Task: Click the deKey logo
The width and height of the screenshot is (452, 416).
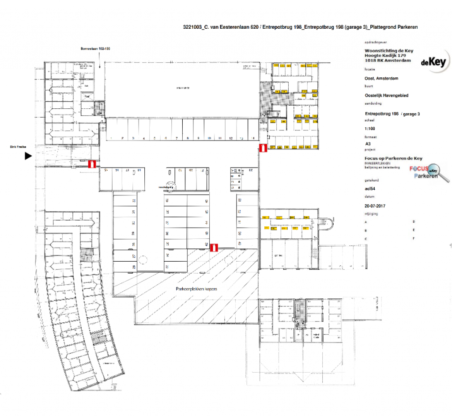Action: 433,62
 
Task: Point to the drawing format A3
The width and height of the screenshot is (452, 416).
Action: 368,144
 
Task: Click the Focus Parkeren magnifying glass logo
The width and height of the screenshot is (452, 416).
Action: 429,172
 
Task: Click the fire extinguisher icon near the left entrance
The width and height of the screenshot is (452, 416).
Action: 92,164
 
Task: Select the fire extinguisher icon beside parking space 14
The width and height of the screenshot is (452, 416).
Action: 263,148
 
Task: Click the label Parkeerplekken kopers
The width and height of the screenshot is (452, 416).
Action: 196,289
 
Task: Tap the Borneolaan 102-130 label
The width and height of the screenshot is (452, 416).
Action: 94,49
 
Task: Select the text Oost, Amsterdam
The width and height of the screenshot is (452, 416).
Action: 379,78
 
